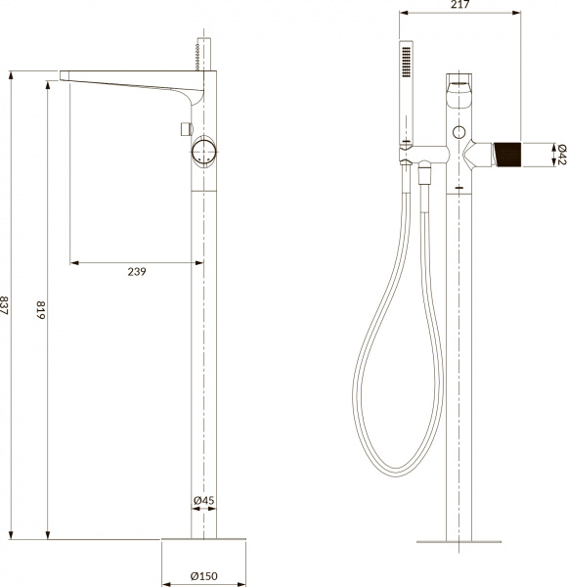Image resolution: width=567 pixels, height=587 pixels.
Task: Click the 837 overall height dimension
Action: tap(8, 305)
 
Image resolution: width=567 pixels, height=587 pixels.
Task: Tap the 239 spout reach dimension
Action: tap(136, 272)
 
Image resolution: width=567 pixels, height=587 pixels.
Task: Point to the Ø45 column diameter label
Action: tap(203, 501)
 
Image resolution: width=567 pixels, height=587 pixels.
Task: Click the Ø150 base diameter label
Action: tap(203, 575)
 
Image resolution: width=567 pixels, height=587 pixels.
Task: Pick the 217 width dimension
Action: tap(458, 7)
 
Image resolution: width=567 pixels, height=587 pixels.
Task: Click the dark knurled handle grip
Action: tap(507, 154)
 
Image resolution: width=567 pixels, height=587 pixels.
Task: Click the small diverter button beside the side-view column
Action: tap(183, 128)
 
